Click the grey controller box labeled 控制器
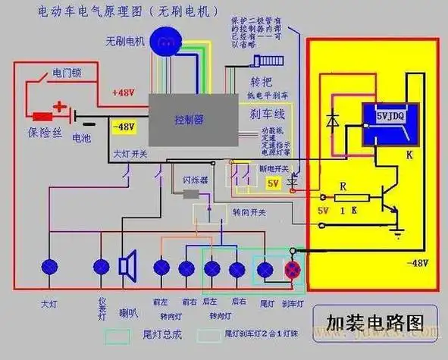point(189,120)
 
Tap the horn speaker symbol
point(127,266)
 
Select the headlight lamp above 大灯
point(50,266)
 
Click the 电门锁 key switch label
point(61,74)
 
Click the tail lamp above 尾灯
point(265,269)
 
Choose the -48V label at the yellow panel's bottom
point(416,262)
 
